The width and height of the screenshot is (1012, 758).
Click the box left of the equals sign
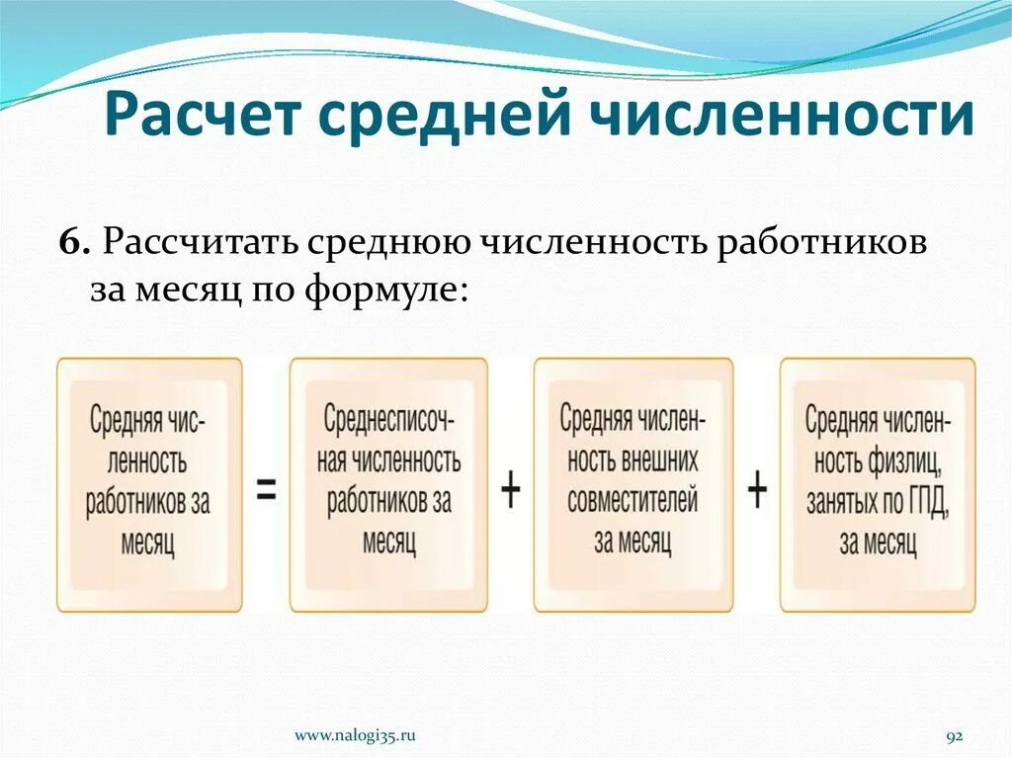pyautogui.click(x=149, y=484)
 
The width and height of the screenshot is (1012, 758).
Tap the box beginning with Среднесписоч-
pyautogui.click(x=388, y=484)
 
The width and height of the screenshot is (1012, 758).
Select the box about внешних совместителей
pyautogui.click(x=633, y=484)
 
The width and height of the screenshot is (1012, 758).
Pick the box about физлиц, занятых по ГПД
pyautogui.click(x=878, y=484)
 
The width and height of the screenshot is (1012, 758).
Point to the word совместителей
pyautogui.click(x=632, y=500)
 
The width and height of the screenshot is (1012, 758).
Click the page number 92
pyautogui.click(x=955, y=736)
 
